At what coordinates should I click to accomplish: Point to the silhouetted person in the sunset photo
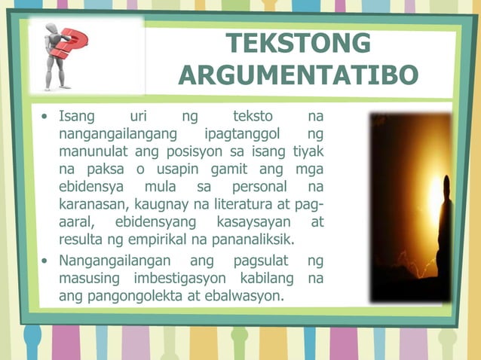click(444, 226)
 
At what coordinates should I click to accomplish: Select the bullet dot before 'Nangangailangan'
click(46, 261)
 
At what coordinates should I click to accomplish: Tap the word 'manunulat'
click(93, 151)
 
